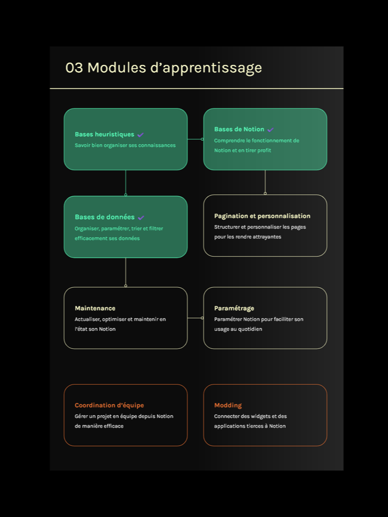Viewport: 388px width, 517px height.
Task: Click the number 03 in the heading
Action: pos(74,68)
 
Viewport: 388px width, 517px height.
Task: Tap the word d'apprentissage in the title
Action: pos(206,68)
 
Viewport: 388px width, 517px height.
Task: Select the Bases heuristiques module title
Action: pos(104,135)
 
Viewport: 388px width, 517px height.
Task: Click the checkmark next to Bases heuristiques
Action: pos(140,135)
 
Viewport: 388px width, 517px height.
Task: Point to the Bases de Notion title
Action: pos(239,129)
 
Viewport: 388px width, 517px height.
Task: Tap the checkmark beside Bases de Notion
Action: pos(270,130)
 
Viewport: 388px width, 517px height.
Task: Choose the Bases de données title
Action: pos(104,217)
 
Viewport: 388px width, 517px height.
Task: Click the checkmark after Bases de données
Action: pos(141,218)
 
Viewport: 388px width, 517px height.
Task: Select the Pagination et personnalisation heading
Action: pos(262,216)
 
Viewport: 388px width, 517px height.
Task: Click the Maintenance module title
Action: pos(95,308)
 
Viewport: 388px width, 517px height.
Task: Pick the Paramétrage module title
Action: pos(234,308)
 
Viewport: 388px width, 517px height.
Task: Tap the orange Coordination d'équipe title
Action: pos(109,405)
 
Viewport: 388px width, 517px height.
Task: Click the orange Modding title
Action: pos(228,405)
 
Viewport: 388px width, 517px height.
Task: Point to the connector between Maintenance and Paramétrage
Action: pos(195,318)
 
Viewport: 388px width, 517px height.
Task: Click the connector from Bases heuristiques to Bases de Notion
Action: pos(195,139)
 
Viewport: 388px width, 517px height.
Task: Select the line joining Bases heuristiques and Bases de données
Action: pos(126,182)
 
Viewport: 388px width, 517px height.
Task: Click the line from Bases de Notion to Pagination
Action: pos(265,182)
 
